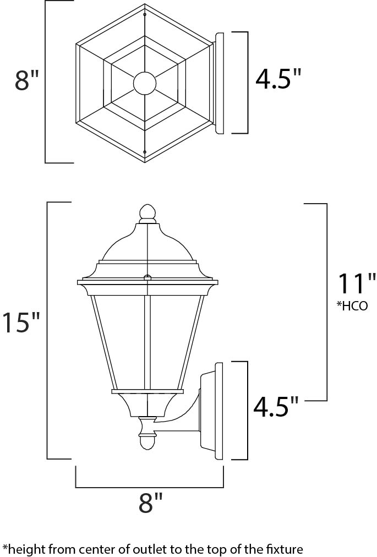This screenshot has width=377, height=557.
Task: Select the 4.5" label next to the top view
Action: [279, 79]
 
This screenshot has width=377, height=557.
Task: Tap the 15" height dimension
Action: [21, 323]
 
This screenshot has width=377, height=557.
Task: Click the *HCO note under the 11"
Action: [352, 306]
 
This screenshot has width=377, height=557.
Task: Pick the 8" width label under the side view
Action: [150, 503]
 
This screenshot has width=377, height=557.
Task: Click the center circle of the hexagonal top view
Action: [145, 83]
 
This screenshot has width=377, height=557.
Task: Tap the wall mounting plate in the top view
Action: [219, 83]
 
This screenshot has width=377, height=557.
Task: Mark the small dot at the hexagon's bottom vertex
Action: [145, 151]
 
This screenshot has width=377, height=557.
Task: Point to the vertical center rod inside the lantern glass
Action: [147, 341]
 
